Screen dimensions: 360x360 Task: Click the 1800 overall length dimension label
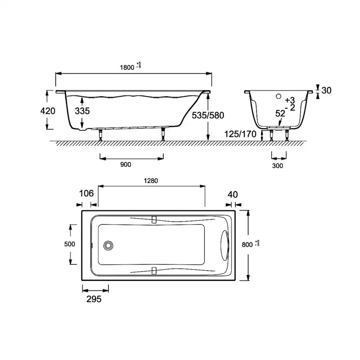click(127, 68)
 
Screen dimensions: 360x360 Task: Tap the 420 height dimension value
click(48, 111)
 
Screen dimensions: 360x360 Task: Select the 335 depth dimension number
click(82, 111)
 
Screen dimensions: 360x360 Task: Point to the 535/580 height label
click(208, 115)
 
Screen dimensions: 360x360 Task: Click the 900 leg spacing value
click(126, 164)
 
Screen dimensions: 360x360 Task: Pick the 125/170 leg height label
click(240, 134)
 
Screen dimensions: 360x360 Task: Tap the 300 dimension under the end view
click(277, 166)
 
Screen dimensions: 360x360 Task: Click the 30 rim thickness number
click(326, 90)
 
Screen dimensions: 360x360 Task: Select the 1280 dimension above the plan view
click(151, 181)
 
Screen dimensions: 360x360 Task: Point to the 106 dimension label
click(86, 193)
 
